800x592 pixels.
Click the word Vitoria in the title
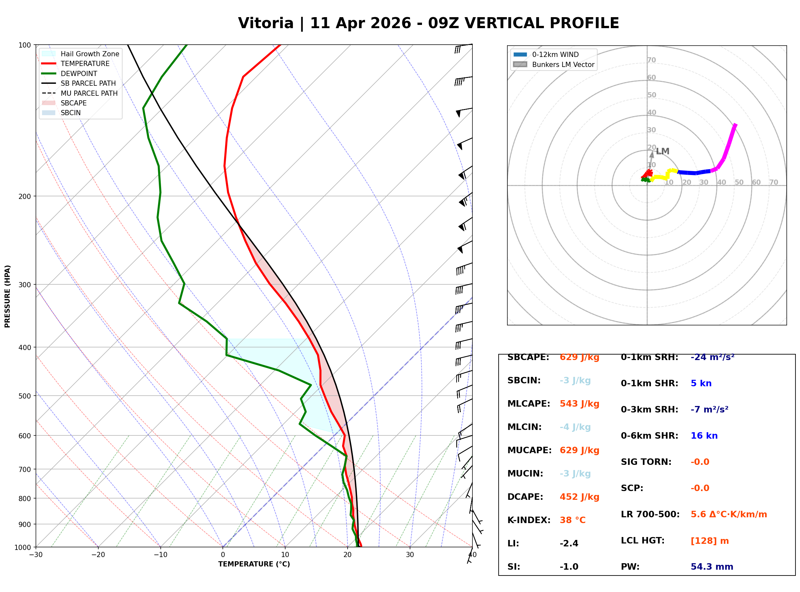(x=265, y=23)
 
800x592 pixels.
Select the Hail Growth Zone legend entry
(x=90, y=54)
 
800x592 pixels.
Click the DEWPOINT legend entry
(x=79, y=73)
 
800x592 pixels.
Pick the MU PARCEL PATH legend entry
(x=89, y=93)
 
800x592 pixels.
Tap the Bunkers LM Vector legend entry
(x=563, y=64)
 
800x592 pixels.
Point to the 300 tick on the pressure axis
(x=25, y=285)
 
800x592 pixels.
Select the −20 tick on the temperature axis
(x=98, y=555)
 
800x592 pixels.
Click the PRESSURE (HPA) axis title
(x=7, y=296)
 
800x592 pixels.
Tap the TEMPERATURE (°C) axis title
(x=254, y=564)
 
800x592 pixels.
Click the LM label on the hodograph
(x=663, y=151)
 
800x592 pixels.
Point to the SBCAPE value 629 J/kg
(x=579, y=357)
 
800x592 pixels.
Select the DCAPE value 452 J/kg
(x=579, y=497)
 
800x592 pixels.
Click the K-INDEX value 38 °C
(x=572, y=520)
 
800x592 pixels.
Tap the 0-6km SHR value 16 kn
(x=704, y=436)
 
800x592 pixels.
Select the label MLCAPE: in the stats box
(x=528, y=403)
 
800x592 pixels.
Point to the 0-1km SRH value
(x=712, y=357)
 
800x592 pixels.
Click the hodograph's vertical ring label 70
(x=651, y=60)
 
